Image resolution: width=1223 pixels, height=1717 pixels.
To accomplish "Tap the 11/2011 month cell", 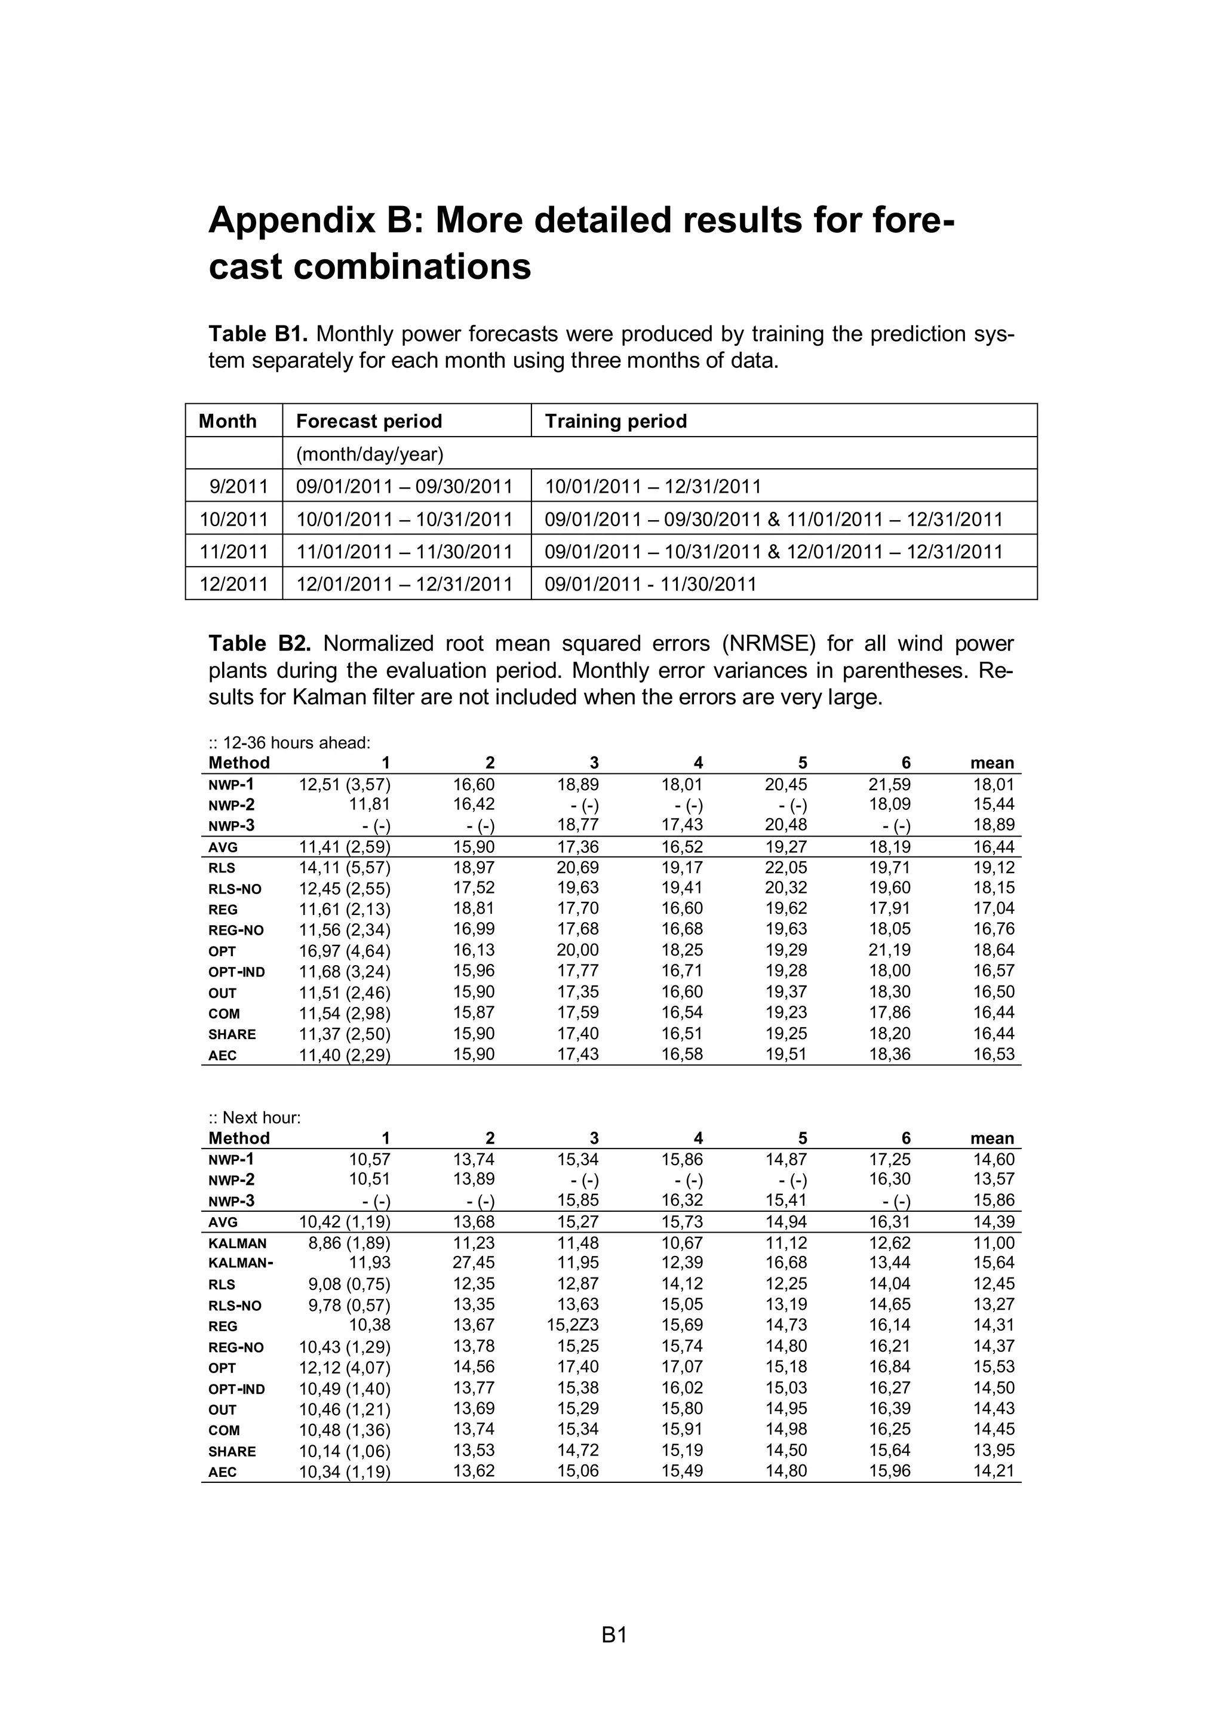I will (233, 551).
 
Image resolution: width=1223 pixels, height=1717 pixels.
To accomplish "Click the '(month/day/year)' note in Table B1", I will (369, 454).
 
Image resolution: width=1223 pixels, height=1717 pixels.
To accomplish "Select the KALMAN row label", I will (237, 1243).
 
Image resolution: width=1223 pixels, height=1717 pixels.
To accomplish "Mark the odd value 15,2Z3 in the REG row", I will (573, 1325).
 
